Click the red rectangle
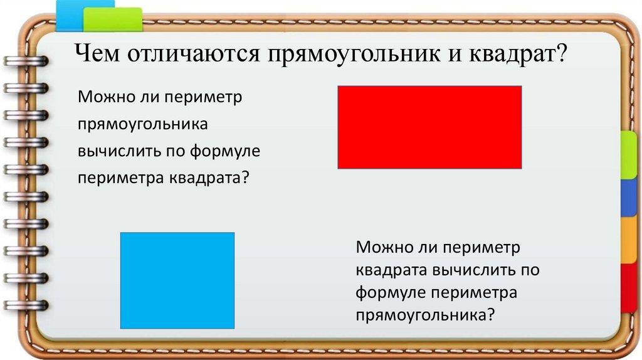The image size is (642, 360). (429, 127)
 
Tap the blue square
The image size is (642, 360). (177, 280)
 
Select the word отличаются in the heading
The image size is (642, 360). (193, 54)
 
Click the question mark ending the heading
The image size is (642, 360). (560, 53)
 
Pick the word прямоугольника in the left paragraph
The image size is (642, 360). (143, 125)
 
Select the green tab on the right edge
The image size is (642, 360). (629, 155)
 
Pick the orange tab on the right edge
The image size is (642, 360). (629, 240)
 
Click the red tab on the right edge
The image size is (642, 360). (629, 288)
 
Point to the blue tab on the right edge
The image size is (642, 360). (629, 198)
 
